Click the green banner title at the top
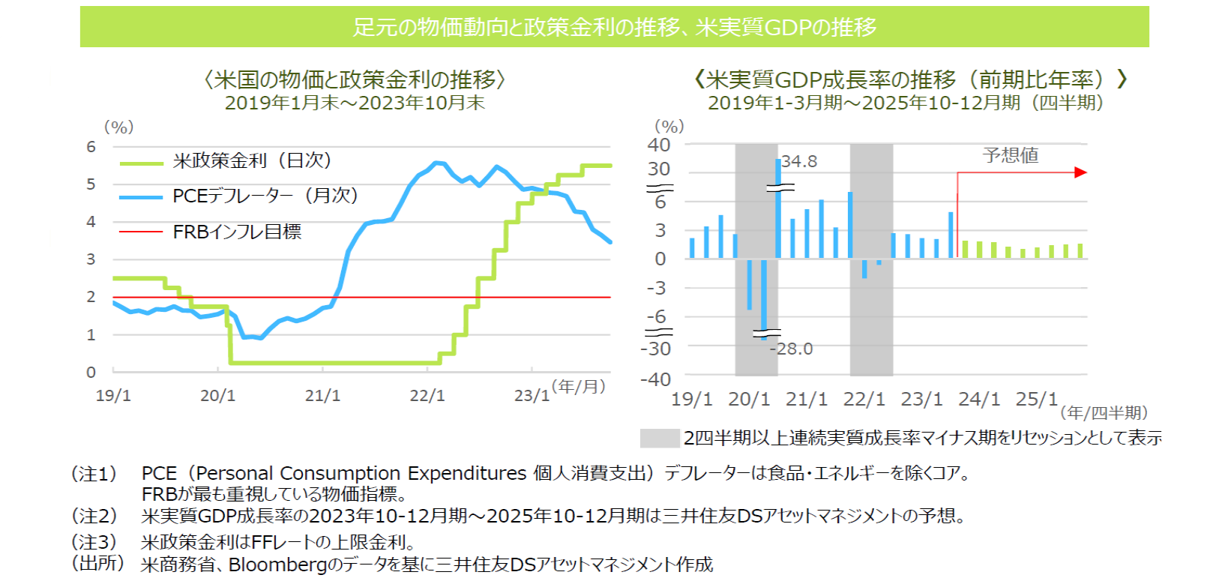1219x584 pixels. tap(614, 27)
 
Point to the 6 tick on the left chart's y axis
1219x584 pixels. tap(91, 147)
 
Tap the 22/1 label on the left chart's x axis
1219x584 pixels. tap(427, 395)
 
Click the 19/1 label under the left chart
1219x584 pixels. tap(113, 395)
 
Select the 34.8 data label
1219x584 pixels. tap(800, 161)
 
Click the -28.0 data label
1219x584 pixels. tap(793, 349)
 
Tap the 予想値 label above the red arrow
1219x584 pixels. tap(1011, 155)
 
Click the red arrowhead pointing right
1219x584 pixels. tap(1080, 172)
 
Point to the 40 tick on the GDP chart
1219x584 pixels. tap(659, 145)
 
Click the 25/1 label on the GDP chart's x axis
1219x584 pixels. tap(1036, 399)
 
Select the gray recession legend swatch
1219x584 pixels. tap(659, 438)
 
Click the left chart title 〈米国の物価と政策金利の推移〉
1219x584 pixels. tap(355, 79)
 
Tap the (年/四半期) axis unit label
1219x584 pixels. tap(1104, 412)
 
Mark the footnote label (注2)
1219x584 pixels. tap(94, 516)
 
